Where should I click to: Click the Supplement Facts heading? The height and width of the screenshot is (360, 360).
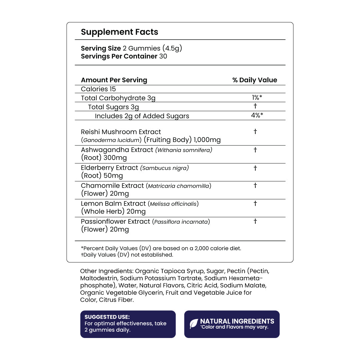coord(119,32)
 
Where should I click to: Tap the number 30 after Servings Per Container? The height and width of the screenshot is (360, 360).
coord(163,56)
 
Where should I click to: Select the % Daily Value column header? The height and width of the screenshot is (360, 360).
coord(255,80)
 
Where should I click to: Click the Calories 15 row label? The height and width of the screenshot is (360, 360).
coord(98,89)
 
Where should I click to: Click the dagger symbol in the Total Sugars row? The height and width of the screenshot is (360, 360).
coord(255,106)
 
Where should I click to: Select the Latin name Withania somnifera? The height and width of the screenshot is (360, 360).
coord(184,150)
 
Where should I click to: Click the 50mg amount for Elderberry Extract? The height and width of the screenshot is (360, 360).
coord(113,176)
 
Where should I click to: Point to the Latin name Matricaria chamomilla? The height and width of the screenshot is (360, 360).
coord(179,186)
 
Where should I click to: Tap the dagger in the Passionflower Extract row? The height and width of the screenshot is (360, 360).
coord(255,221)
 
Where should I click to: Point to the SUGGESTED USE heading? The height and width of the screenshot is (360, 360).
coord(107,317)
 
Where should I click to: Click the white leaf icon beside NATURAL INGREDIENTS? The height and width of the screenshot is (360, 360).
coord(194,324)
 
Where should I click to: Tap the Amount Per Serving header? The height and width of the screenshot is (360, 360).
coord(114,80)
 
